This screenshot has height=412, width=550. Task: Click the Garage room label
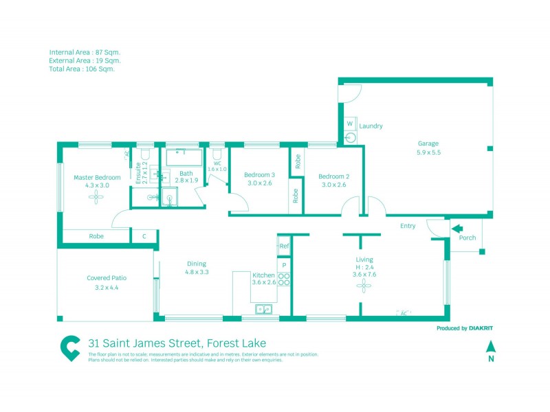(428, 144)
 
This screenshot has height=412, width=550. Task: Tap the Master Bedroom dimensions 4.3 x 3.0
(97, 185)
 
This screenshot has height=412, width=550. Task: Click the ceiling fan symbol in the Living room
(364, 287)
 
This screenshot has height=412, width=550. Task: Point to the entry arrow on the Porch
(457, 229)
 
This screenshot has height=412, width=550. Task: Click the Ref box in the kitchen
(284, 246)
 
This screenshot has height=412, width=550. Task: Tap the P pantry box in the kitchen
(284, 264)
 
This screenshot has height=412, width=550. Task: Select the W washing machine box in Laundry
(349, 124)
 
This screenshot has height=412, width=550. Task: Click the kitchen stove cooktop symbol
(284, 278)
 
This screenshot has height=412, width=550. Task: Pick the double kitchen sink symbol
(264, 310)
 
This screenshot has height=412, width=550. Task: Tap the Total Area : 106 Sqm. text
(82, 69)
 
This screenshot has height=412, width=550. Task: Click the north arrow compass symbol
(490, 348)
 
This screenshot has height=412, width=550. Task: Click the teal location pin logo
(69, 348)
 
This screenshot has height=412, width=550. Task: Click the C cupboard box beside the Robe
(144, 236)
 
